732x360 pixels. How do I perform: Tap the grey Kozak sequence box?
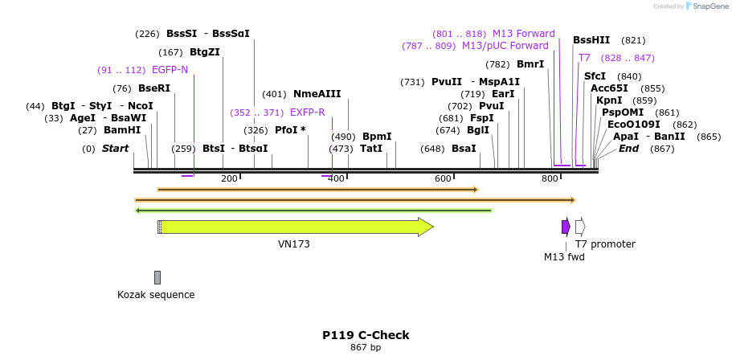coord(157,277)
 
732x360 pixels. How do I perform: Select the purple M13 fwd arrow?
coord(566,227)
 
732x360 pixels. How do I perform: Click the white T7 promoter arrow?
coord(580,227)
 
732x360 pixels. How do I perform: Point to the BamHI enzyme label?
coord(122,130)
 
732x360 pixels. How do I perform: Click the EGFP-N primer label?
coord(170,70)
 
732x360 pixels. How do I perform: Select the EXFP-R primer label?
coord(307,112)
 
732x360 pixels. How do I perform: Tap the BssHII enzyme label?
coord(591,40)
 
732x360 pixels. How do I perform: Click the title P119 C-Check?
coord(366,335)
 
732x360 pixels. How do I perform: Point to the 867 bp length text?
coord(366,347)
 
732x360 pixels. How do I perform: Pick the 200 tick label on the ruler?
coord(229,178)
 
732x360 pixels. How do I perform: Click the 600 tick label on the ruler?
coord(444,178)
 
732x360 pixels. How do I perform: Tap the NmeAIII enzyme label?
coord(317,94)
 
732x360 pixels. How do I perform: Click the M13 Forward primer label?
coord(523,34)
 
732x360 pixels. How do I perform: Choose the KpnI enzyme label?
coord(609,100)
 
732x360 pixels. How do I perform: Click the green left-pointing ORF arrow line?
coord(313,211)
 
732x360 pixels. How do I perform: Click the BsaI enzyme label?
coord(464,149)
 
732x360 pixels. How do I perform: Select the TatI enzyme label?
coord(371,149)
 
